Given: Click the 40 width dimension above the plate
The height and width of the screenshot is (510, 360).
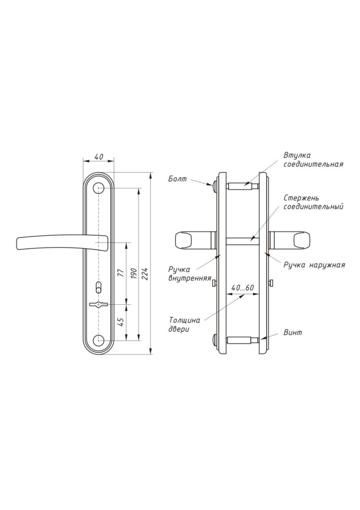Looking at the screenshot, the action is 99,157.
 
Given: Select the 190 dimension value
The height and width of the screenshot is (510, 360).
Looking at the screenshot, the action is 134,274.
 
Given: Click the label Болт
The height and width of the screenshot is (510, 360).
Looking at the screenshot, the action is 177,179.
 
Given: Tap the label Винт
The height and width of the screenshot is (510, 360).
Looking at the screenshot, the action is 293,332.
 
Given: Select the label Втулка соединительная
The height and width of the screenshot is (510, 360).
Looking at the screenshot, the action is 313,160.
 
